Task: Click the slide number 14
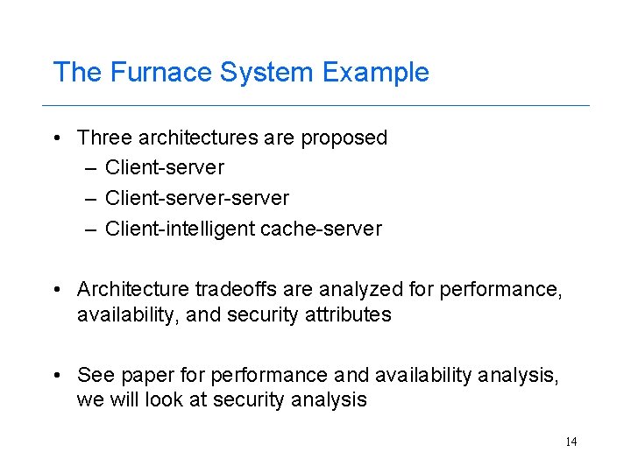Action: [571, 441]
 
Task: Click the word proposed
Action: [344, 138]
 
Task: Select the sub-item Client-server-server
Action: [196, 198]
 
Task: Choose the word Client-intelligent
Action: [180, 229]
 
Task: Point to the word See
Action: [95, 375]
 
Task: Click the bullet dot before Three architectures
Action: [55, 138]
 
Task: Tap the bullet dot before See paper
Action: [55, 376]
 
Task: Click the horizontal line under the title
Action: [315, 105]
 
